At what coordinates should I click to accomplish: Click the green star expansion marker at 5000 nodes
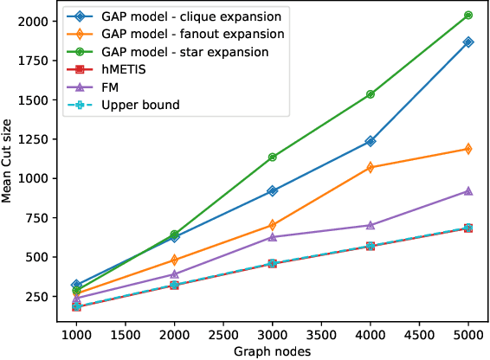(x=468, y=16)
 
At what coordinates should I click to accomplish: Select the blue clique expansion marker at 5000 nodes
(x=468, y=42)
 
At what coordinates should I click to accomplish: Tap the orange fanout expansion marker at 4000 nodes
(x=371, y=167)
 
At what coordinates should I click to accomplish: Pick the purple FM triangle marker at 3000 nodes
(x=273, y=237)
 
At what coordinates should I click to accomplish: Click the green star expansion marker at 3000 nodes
(x=273, y=157)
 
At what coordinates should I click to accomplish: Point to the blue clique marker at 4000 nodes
(x=371, y=141)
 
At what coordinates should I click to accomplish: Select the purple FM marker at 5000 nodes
(x=468, y=191)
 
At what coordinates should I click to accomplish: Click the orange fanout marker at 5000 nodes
(x=468, y=149)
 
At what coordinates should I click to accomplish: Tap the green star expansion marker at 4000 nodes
(x=371, y=94)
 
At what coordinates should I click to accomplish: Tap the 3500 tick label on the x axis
(x=321, y=334)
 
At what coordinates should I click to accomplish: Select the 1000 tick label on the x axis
(x=77, y=334)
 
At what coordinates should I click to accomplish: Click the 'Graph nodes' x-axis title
(x=272, y=350)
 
